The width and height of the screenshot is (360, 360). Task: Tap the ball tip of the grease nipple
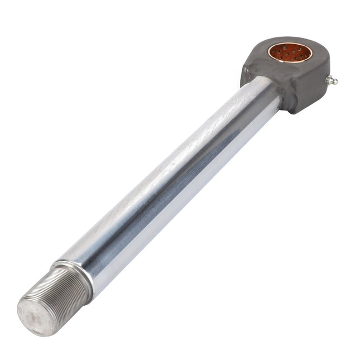tap(335, 81)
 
